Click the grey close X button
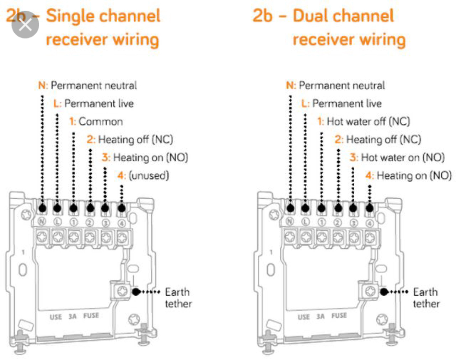(25, 25)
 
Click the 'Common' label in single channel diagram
(100, 122)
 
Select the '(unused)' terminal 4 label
(148, 176)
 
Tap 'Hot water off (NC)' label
(368, 122)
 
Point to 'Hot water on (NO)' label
(402, 158)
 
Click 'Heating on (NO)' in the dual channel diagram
(414, 176)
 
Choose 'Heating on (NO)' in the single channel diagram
(150, 158)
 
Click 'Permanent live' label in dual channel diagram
(347, 104)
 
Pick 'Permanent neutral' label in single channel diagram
(94, 86)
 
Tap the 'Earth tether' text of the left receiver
(178, 298)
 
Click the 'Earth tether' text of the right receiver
(426, 298)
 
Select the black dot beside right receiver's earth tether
(384, 292)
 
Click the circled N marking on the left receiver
(41, 222)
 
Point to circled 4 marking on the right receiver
(370, 223)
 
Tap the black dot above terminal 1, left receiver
(73, 209)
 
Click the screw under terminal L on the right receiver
(306, 237)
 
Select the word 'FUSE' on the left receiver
(91, 316)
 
